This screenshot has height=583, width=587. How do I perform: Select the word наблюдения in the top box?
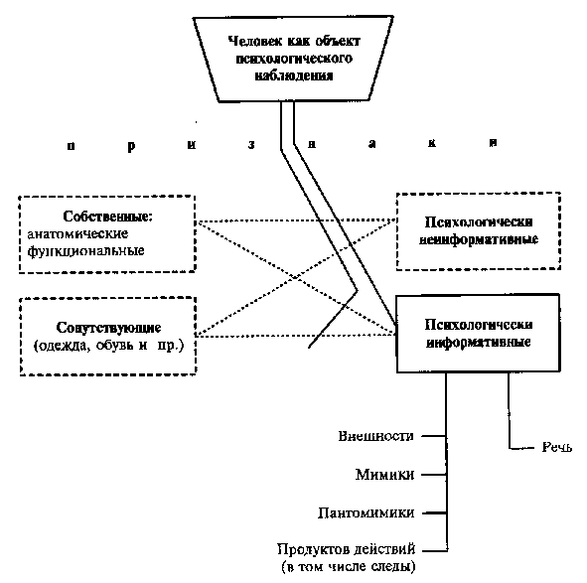pos(294,75)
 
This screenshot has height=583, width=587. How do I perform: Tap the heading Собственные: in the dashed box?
pos(108,217)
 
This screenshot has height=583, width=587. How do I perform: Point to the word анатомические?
pos(77,234)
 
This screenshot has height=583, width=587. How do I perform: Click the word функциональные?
pos(85,250)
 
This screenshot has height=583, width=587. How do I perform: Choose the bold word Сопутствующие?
pos(108,328)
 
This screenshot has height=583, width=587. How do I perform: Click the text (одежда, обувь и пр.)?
pos(108,345)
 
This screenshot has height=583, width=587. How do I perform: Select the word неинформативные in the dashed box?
pos(479,239)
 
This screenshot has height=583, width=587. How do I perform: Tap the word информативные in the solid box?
pos(479,342)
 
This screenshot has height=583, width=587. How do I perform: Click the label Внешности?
pos(376,436)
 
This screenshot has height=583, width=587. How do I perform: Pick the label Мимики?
pos(384,475)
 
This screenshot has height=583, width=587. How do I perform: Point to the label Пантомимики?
pos(367,512)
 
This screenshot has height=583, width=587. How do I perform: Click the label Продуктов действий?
pos(347,549)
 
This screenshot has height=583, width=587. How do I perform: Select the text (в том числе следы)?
pos(349,566)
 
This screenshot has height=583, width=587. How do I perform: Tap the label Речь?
pos(556,447)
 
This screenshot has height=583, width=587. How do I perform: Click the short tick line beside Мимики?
pos(433,475)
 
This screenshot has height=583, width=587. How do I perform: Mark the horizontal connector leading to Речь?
pos(521,448)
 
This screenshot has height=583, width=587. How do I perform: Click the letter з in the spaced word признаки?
pos(251,145)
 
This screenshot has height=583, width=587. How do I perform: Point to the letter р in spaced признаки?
pos(131,146)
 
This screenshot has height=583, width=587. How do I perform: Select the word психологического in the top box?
pos(294,59)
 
